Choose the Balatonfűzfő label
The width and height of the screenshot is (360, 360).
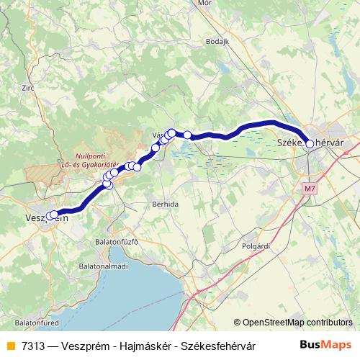point(117,241)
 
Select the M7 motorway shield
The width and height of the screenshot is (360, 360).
point(310,189)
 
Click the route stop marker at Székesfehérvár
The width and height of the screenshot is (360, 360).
point(310,144)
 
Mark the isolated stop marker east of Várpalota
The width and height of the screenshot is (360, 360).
point(187,135)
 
